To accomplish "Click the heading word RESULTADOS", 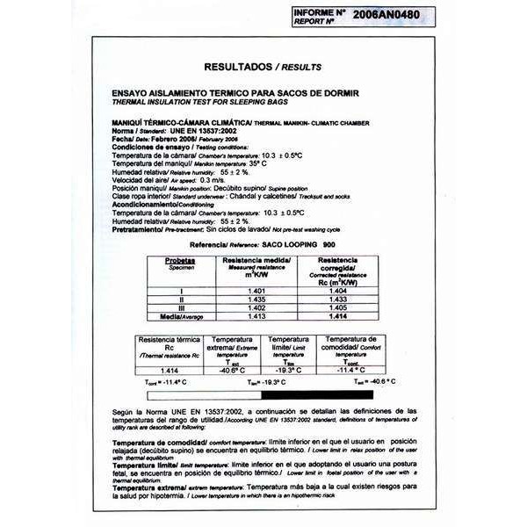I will tap(238, 67).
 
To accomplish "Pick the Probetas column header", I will tap(180, 262).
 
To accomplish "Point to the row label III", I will tap(181, 307).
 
